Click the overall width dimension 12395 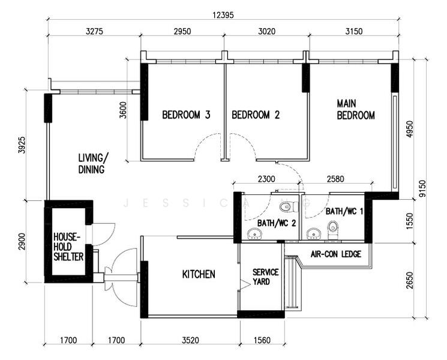223,15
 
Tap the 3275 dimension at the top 94,31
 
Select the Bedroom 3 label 186,115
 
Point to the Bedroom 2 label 256,115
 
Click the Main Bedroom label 356,109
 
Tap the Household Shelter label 68,247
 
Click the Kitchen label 199,274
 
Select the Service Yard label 265,277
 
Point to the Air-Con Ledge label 336,254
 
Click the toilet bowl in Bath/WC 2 286,206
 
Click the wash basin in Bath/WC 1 313,234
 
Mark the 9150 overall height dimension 422,188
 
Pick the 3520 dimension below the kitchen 190,340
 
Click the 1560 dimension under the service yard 262,340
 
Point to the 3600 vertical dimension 123,110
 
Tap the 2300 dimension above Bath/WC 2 266,179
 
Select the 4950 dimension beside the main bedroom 409,130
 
